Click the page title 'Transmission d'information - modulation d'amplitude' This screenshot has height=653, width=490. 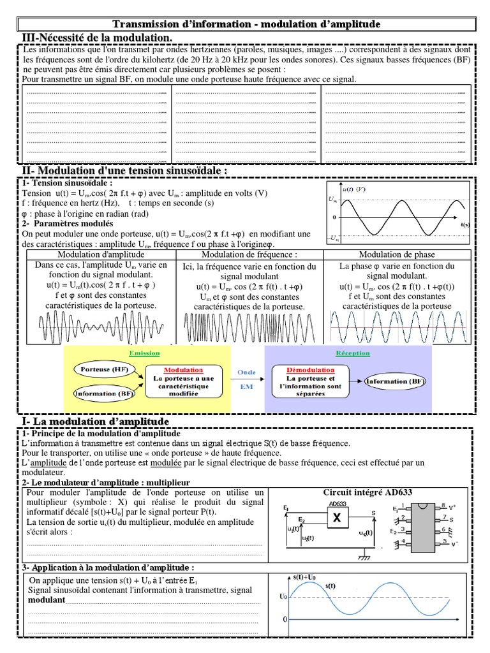pyautogui.click(x=246, y=24)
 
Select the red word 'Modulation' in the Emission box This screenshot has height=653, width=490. pyautogui.click(x=183, y=370)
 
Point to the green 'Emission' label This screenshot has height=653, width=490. pyautogui.click(x=144, y=353)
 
